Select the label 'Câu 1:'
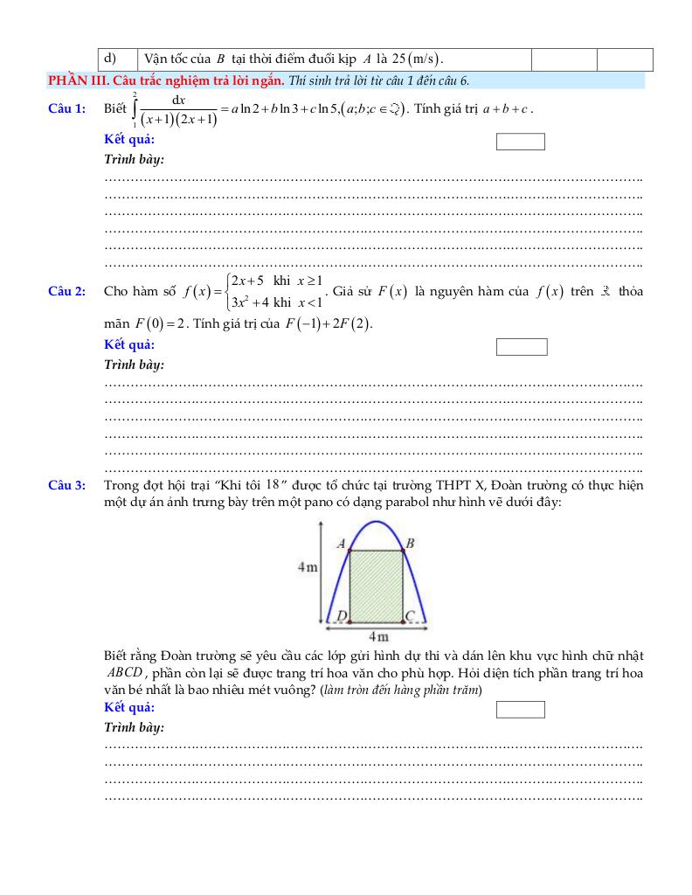point(66,108)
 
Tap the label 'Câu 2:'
point(66,292)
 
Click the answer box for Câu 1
point(520,142)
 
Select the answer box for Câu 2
point(522,347)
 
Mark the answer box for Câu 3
point(520,709)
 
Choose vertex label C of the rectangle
point(409,616)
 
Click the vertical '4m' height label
point(307,566)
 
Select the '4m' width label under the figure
point(377,636)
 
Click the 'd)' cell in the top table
point(111,59)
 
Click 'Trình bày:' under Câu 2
point(134,364)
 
